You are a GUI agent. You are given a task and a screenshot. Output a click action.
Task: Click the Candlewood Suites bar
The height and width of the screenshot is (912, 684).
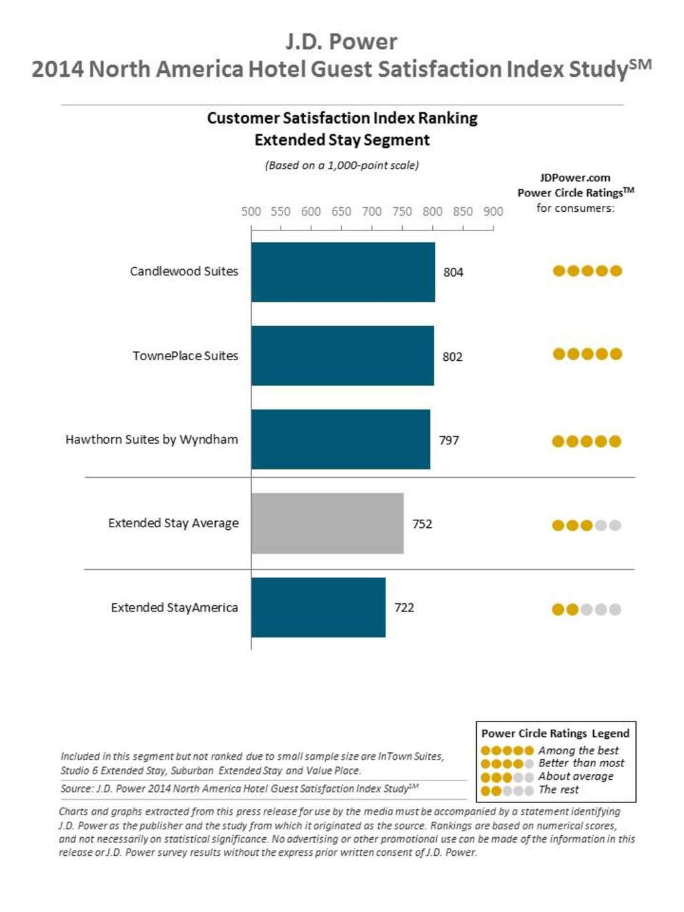343,272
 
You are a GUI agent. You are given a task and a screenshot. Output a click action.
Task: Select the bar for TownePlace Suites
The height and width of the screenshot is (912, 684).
342,355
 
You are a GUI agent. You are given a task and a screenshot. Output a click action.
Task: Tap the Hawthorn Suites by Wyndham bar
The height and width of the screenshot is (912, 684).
341,439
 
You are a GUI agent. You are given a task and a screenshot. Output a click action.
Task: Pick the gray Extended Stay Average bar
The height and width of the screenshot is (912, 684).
327,523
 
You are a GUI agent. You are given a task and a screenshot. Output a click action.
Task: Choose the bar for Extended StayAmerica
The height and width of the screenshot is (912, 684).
318,607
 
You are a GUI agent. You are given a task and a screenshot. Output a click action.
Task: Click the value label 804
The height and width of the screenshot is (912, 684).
453,272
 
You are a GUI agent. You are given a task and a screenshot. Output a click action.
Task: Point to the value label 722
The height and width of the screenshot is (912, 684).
404,607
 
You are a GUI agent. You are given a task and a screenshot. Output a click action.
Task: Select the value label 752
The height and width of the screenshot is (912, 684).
422,524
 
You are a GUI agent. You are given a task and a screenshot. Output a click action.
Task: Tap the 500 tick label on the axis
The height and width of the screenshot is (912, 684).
251,212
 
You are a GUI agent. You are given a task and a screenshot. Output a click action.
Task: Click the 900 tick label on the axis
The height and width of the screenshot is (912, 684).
493,212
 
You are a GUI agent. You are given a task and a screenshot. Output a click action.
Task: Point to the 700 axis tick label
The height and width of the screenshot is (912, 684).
372,212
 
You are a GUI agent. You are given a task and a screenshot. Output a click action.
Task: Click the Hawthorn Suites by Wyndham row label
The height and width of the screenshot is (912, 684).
152,440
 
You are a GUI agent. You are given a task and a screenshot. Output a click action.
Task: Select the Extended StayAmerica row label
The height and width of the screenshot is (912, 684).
174,607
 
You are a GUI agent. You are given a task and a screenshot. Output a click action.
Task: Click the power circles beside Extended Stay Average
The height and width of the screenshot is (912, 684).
586,525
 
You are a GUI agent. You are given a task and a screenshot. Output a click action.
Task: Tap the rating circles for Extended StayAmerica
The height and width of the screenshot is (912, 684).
586,609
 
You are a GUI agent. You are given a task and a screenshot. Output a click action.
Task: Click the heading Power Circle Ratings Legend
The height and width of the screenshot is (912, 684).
555,733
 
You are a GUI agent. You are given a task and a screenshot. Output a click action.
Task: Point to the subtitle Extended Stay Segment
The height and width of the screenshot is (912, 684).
342,140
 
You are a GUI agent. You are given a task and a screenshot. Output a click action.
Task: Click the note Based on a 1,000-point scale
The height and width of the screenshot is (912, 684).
342,165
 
